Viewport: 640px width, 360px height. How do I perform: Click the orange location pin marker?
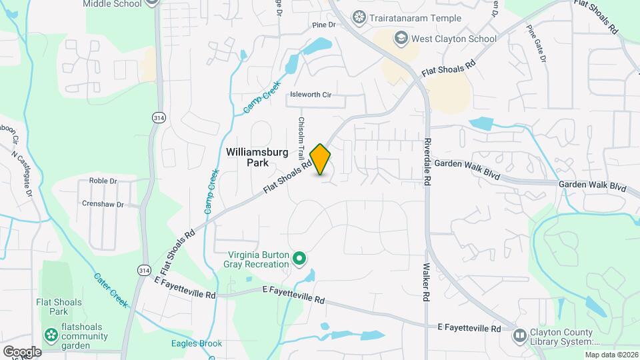click(321, 159)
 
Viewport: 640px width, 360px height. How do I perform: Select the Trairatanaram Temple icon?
click(360, 17)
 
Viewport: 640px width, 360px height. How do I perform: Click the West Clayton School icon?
click(401, 38)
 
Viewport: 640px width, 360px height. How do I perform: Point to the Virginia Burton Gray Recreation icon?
click(300, 257)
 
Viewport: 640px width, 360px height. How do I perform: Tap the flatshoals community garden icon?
click(50, 333)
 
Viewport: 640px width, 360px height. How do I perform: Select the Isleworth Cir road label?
click(309, 95)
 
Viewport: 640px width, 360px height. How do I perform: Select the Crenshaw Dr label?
click(103, 204)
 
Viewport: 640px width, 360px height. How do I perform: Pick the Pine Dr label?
click(322, 25)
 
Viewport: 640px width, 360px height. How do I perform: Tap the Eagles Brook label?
click(196, 344)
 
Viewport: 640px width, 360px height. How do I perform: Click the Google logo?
click(22, 352)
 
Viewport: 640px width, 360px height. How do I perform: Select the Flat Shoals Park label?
click(59, 307)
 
